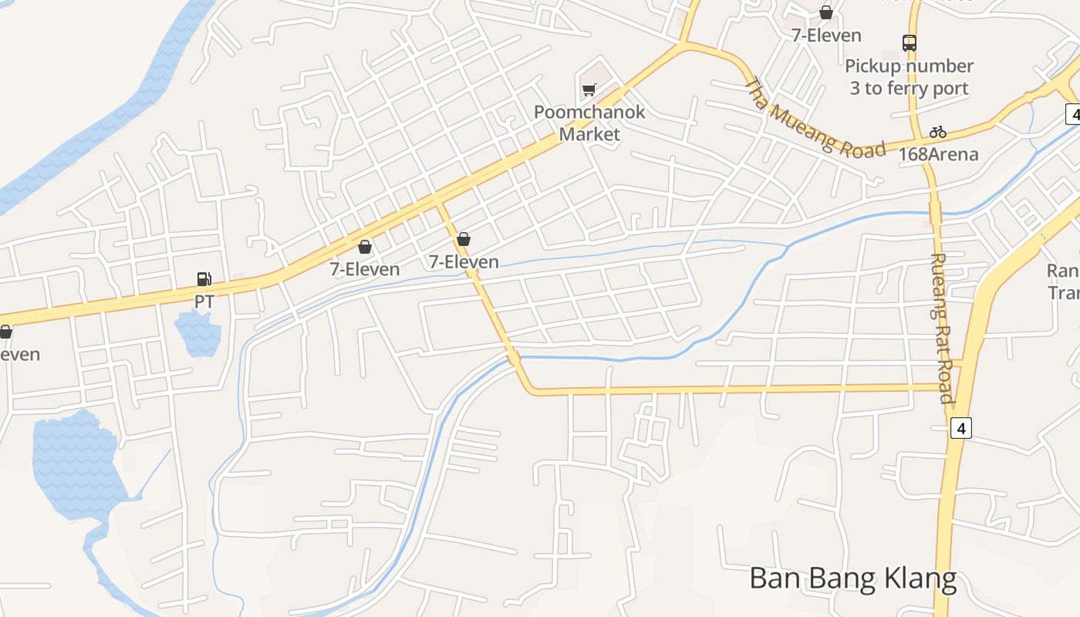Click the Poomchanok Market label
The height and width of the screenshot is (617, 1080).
click(589, 123)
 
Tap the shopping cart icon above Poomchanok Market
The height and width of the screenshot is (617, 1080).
click(589, 89)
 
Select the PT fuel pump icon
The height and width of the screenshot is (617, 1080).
click(204, 278)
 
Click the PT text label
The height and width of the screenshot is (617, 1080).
click(204, 301)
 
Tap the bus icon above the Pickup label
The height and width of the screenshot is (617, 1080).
click(910, 43)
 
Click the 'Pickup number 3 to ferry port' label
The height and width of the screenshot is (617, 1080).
click(909, 77)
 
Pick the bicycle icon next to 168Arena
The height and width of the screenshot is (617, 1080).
click(938, 132)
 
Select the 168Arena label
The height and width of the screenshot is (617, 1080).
click(938, 154)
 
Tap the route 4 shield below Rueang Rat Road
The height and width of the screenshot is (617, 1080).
click(960, 428)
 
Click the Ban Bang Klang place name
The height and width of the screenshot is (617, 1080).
click(852, 578)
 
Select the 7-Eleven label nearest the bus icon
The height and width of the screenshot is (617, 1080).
click(826, 35)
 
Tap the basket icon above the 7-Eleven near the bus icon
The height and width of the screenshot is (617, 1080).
click(826, 12)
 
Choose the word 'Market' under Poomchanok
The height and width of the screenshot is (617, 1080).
click(589, 134)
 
